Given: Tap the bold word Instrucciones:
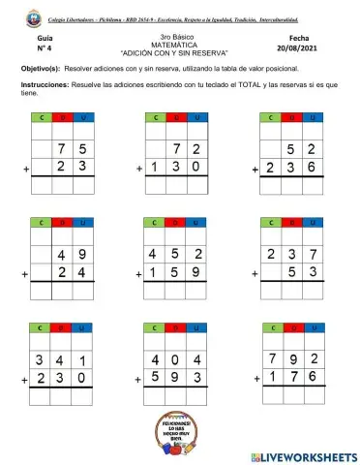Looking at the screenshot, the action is [x=48, y=85].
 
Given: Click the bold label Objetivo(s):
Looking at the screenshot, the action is [x=42, y=70].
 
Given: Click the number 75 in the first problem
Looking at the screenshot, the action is [x=74, y=148].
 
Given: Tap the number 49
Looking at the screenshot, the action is [x=74, y=256].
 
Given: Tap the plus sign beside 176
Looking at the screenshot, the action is [x=256, y=381].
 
